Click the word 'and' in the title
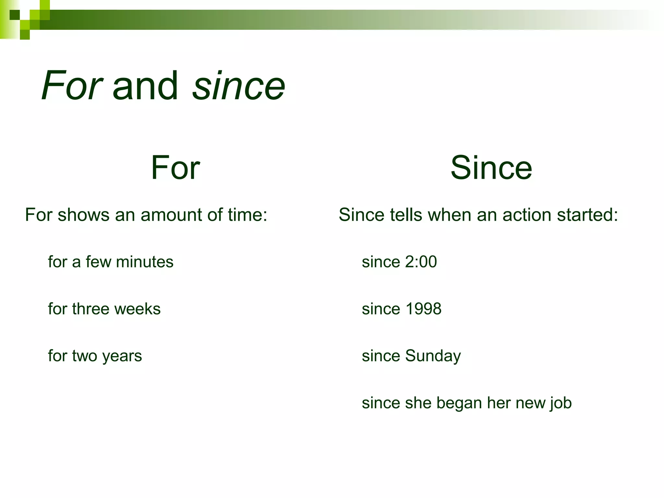coord(145,86)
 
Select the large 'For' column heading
coord(175,168)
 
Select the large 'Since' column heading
coord(491,168)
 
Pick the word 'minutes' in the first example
coord(145,262)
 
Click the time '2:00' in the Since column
coord(421,262)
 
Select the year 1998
coord(423,309)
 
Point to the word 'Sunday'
coord(433,356)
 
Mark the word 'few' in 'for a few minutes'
coord(98,262)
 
